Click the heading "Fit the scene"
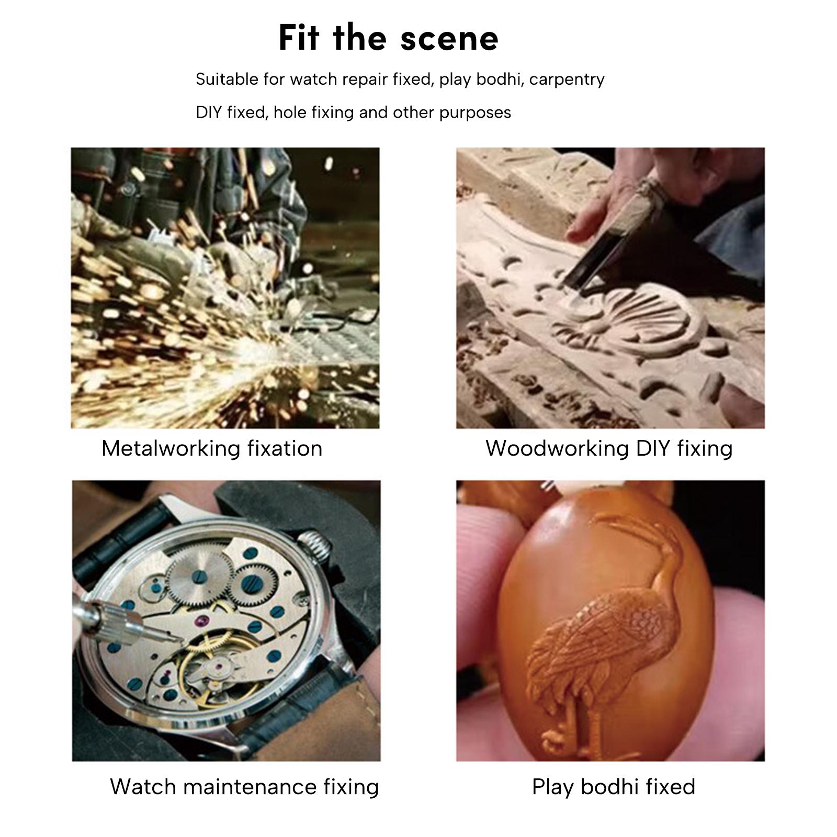click(389, 38)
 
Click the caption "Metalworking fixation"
click(212, 448)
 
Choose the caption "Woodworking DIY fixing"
click(609, 448)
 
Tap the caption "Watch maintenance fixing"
click(244, 787)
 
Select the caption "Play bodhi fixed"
click(614, 787)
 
